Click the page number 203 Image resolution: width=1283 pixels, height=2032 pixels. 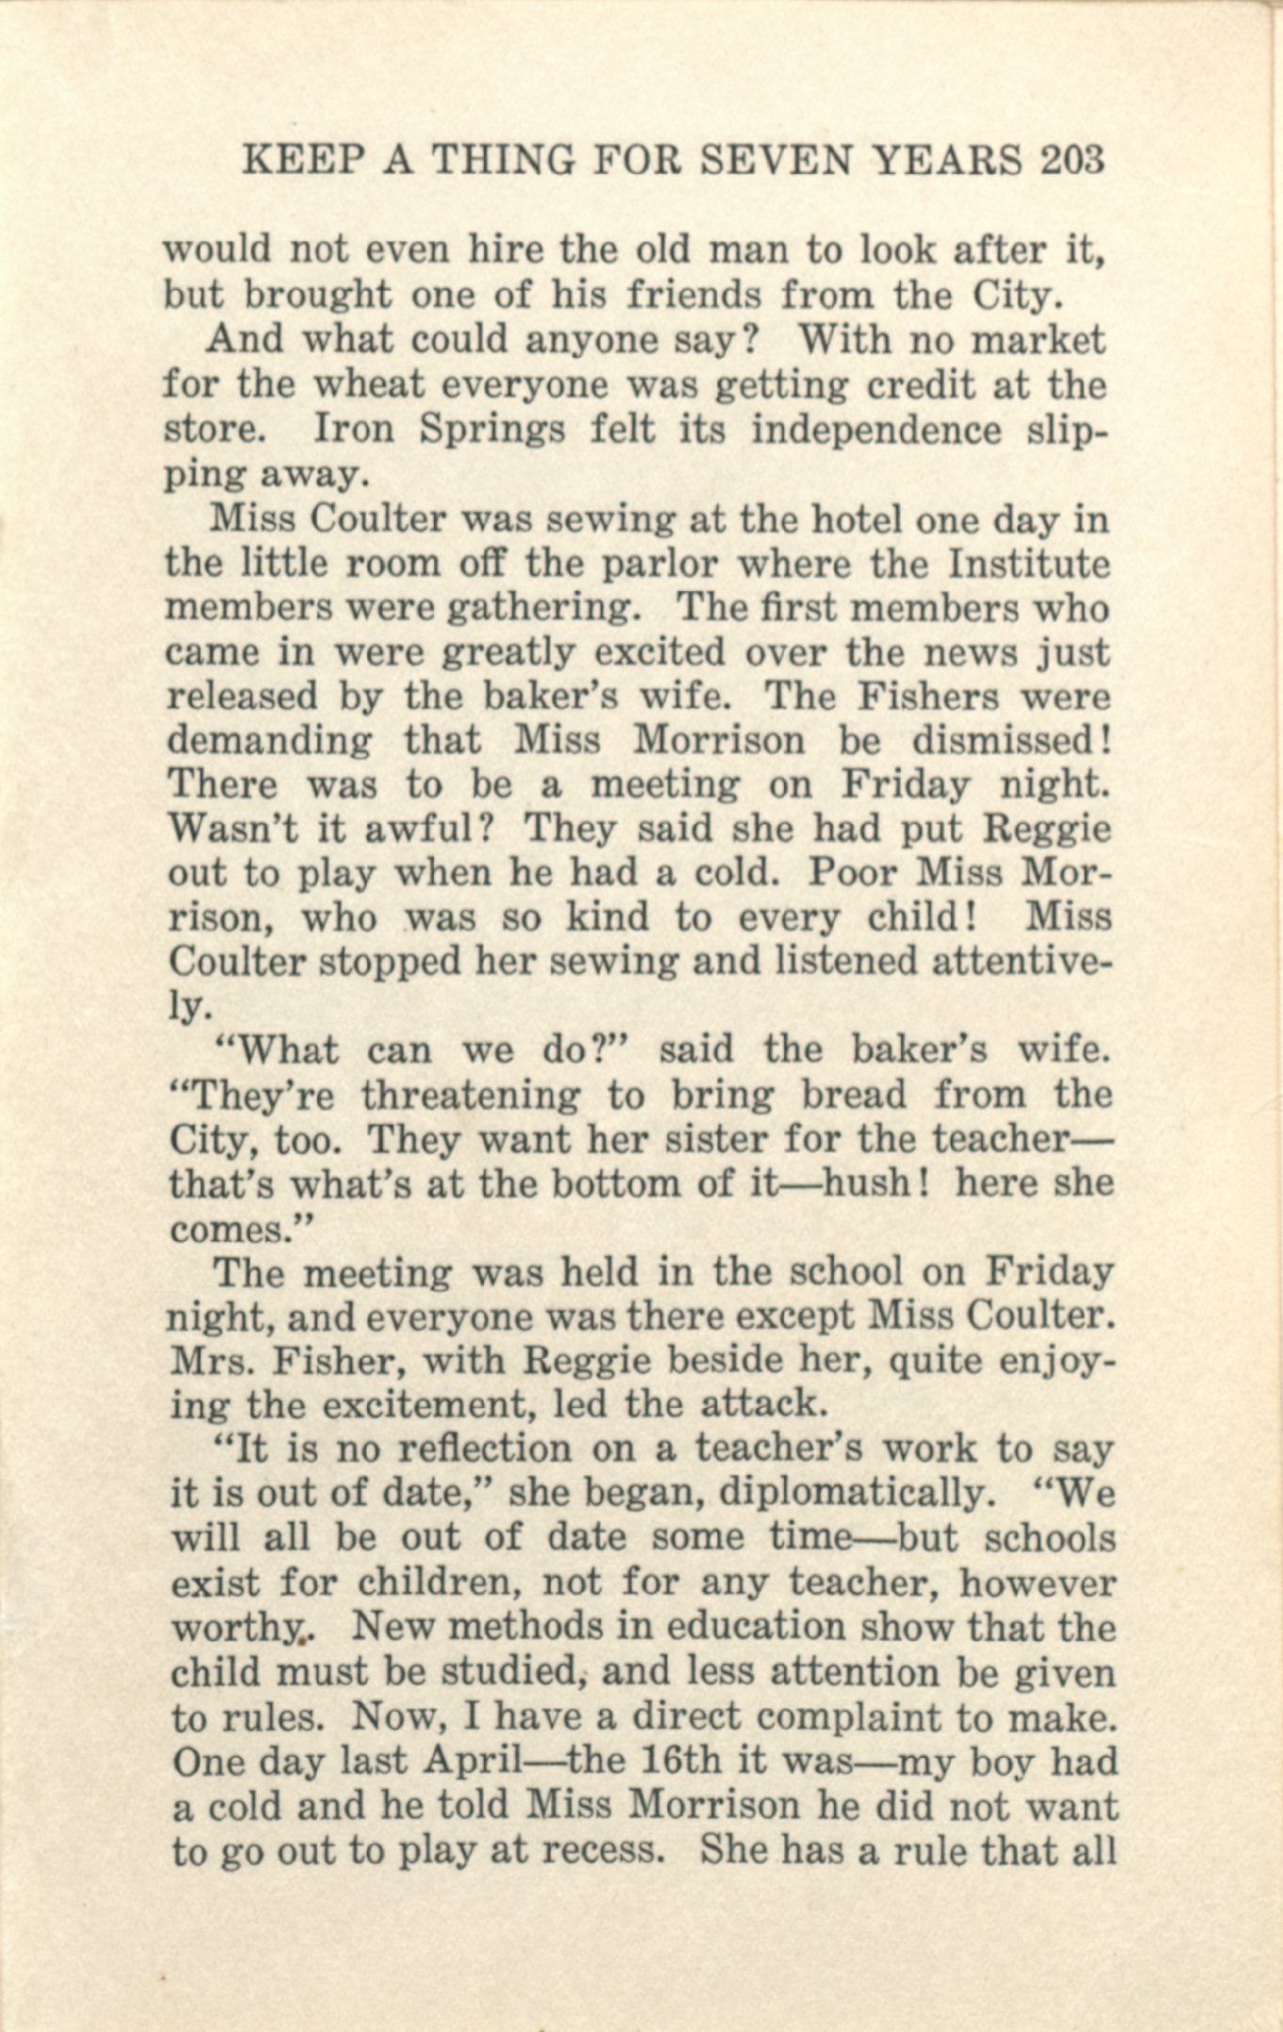pos(1071,162)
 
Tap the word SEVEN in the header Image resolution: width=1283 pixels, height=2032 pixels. pos(784,162)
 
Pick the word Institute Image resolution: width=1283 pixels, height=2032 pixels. pos(1029,564)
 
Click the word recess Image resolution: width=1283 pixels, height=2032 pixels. pos(593,1850)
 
